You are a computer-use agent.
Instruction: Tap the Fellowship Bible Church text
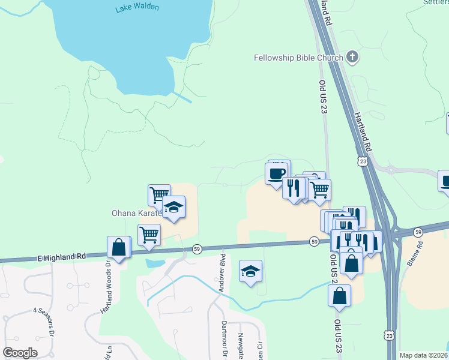298,58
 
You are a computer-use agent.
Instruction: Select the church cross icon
352,58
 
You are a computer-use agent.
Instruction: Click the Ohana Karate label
137,213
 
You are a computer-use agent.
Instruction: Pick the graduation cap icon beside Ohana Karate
173,207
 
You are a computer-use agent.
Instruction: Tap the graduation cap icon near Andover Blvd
250,271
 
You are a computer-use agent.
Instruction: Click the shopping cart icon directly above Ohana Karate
158,194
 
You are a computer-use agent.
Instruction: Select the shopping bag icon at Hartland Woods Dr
119,247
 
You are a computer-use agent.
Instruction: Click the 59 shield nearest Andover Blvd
197,248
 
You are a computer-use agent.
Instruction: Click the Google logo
20,353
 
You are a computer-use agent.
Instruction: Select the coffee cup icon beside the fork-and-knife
277,173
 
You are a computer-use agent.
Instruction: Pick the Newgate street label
241,345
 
